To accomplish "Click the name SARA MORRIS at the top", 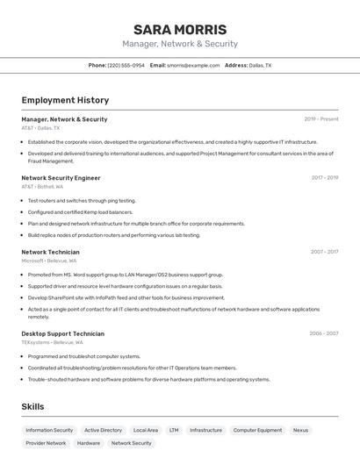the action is tap(180, 29).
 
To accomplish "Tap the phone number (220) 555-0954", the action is tap(126, 65).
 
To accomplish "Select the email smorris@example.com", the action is tap(193, 65).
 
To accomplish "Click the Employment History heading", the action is tap(65, 100).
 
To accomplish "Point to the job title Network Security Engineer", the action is tap(61, 177).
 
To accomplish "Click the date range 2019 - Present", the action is tap(321, 119).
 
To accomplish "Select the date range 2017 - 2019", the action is tap(324, 177).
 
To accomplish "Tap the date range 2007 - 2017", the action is tap(324, 252).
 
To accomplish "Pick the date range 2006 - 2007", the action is tap(323, 333).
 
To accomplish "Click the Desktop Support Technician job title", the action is tap(62, 333).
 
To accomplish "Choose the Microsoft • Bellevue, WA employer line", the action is tap(48, 261).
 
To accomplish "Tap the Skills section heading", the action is tap(32, 407).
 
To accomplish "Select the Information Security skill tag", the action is tap(49, 430).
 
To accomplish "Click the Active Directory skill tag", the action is tap(103, 430).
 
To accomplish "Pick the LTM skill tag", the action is tap(174, 430).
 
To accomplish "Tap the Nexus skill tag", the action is tap(300, 430).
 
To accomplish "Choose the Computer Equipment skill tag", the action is tap(257, 430).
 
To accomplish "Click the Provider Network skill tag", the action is tap(46, 443).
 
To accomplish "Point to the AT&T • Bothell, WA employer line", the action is tap(42, 186).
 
